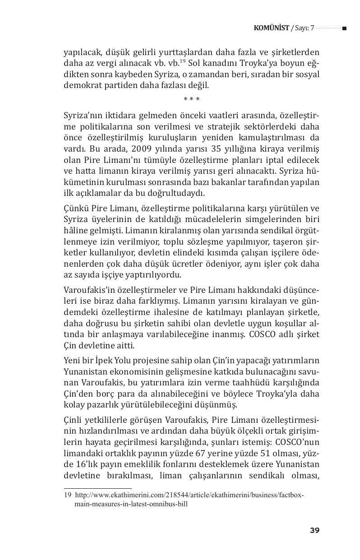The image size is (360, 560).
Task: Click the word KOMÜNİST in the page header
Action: pos(272,28)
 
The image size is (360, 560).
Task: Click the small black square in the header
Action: pos(344,28)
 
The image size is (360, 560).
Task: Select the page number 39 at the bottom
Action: pos(314,530)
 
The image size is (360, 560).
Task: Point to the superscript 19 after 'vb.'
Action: pos(182,61)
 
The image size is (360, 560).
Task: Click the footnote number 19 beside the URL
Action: pos(68,495)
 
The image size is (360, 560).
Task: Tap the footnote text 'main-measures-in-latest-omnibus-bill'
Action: pos(131,504)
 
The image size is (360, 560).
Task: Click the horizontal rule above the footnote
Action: pos(97,488)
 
